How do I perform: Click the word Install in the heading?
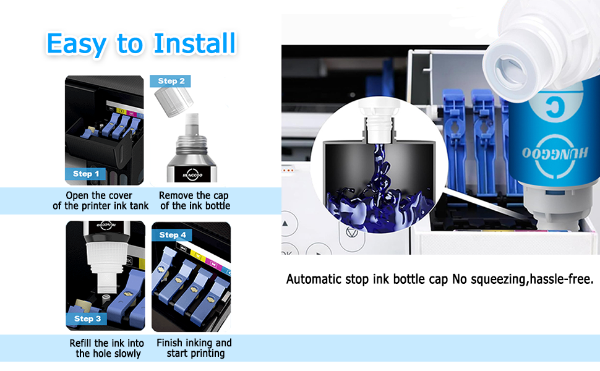(x=195, y=43)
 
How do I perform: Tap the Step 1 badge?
(x=86, y=174)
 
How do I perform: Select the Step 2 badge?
(x=171, y=81)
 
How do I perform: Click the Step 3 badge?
(x=87, y=318)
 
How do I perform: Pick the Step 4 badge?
(x=173, y=235)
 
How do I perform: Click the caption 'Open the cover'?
(x=100, y=195)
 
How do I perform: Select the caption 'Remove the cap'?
(x=194, y=195)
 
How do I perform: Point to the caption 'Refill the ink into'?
(x=106, y=343)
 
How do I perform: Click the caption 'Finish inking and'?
(x=194, y=343)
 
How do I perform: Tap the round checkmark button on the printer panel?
(x=349, y=234)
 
